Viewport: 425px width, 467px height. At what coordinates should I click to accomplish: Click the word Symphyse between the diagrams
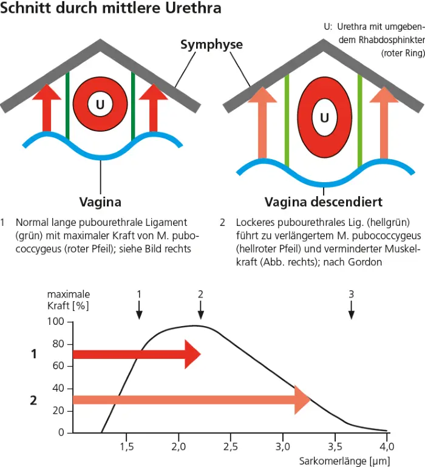pyautogui.click(x=211, y=44)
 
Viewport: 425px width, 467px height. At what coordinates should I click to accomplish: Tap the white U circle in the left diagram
pyautogui.click(x=100, y=104)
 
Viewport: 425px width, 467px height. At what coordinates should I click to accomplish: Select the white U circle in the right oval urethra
pyautogui.click(x=325, y=117)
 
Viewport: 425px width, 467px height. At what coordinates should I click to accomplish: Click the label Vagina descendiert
pyautogui.click(x=324, y=202)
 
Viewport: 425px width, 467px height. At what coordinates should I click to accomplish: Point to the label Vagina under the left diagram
pyautogui.click(x=100, y=202)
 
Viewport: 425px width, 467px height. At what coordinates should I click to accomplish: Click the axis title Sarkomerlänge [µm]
pyautogui.click(x=344, y=461)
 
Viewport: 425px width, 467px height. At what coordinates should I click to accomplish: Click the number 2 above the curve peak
pyautogui.click(x=200, y=294)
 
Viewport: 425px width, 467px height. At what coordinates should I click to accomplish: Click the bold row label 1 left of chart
pyautogui.click(x=34, y=354)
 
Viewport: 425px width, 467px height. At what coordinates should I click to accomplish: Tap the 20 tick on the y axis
pyautogui.click(x=59, y=411)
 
